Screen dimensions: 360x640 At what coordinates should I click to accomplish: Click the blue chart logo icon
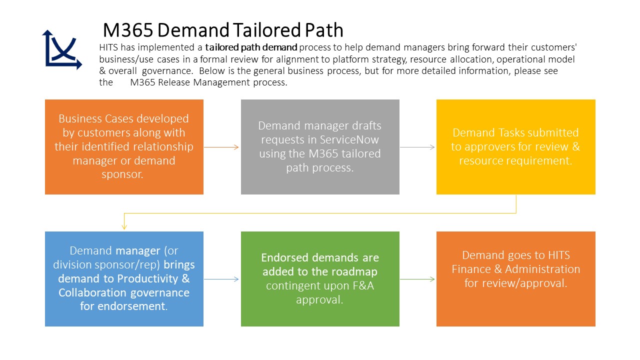[61, 49]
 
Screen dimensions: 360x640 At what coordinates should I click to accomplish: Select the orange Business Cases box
[124, 146]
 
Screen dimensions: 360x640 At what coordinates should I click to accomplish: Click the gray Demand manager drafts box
[320, 146]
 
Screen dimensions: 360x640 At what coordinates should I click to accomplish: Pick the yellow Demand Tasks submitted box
[515, 146]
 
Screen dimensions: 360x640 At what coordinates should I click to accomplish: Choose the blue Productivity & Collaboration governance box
[124, 278]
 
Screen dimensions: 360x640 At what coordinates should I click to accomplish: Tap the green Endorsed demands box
[320, 278]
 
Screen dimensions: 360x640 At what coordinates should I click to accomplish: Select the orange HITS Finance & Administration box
[515, 278]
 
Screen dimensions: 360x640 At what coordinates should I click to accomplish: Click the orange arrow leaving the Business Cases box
[222, 147]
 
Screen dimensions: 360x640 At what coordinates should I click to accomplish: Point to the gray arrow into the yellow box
[418, 147]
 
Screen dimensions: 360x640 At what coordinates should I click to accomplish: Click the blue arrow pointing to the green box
[222, 279]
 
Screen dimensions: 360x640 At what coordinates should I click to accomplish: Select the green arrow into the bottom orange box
[418, 279]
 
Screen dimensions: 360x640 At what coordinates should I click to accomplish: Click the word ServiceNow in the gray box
[350, 140]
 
